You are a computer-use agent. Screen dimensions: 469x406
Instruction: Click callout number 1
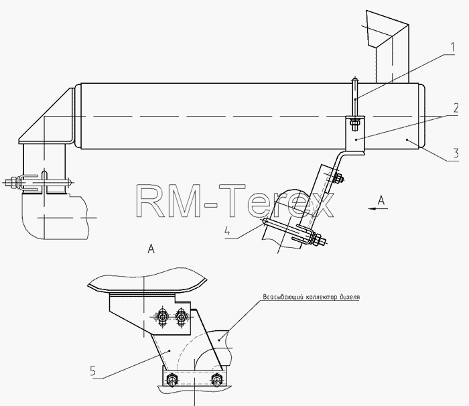click(x=452, y=48)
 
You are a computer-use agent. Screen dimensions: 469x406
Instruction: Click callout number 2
click(x=456, y=108)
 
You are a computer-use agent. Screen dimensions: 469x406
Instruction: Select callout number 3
click(x=456, y=153)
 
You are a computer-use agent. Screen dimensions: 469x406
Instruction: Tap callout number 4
click(x=228, y=231)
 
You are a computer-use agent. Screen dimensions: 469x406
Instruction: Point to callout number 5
click(x=92, y=371)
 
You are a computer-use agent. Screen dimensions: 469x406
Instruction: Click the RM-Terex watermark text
click(x=234, y=201)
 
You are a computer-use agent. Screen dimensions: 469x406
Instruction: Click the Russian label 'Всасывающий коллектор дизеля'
click(x=312, y=297)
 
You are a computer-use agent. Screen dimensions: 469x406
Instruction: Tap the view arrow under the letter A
click(x=378, y=208)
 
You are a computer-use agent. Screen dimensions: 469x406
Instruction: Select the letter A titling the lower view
click(x=151, y=249)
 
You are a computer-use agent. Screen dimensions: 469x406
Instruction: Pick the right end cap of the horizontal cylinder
click(x=421, y=117)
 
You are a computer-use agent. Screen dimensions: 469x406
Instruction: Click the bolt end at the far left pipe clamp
click(x=11, y=182)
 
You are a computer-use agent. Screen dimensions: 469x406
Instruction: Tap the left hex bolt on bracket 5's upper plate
click(x=162, y=316)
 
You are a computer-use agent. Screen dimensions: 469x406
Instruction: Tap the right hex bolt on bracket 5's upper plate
click(x=180, y=316)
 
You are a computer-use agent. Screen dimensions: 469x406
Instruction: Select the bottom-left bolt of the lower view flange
click(x=172, y=379)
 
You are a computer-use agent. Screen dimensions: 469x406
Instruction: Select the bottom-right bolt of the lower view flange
click(x=216, y=379)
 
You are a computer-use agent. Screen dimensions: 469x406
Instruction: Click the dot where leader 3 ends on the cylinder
click(x=407, y=139)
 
